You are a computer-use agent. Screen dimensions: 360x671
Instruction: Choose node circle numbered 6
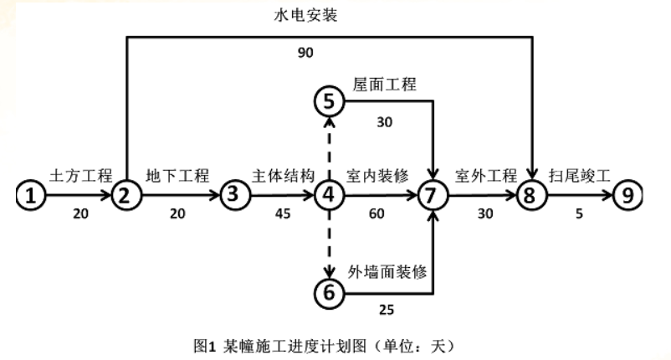tap(329, 292)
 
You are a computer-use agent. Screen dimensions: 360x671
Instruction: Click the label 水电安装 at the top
tap(306, 16)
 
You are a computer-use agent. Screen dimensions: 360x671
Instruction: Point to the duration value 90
tap(305, 54)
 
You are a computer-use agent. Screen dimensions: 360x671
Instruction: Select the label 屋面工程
tap(385, 85)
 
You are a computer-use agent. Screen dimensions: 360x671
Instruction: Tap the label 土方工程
tap(80, 176)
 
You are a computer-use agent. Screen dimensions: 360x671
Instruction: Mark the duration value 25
tap(387, 311)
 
